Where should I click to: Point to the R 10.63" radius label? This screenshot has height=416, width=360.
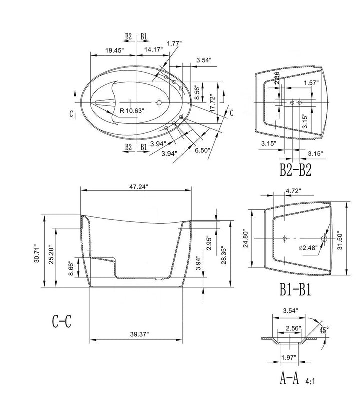point(132,111)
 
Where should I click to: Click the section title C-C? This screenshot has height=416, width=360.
point(62,321)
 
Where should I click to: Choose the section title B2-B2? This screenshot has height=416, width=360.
point(295,170)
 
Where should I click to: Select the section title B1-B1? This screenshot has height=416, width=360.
point(295,289)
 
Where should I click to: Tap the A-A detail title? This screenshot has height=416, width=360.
point(289,378)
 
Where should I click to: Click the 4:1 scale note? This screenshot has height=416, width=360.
point(310,381)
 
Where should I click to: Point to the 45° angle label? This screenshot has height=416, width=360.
point(324,330)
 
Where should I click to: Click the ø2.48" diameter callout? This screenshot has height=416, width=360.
point(308,248)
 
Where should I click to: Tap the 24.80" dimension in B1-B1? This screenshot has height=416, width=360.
point(246,239)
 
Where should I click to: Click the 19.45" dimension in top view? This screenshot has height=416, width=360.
point(115,50)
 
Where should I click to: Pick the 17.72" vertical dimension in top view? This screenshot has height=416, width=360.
point(213,103)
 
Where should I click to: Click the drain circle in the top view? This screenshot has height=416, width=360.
point(159,102)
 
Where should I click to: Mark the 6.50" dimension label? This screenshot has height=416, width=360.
point(202,150)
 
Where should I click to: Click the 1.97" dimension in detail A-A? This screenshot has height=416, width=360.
point(289,358)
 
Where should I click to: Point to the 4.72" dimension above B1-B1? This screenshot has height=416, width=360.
point(293,191)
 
